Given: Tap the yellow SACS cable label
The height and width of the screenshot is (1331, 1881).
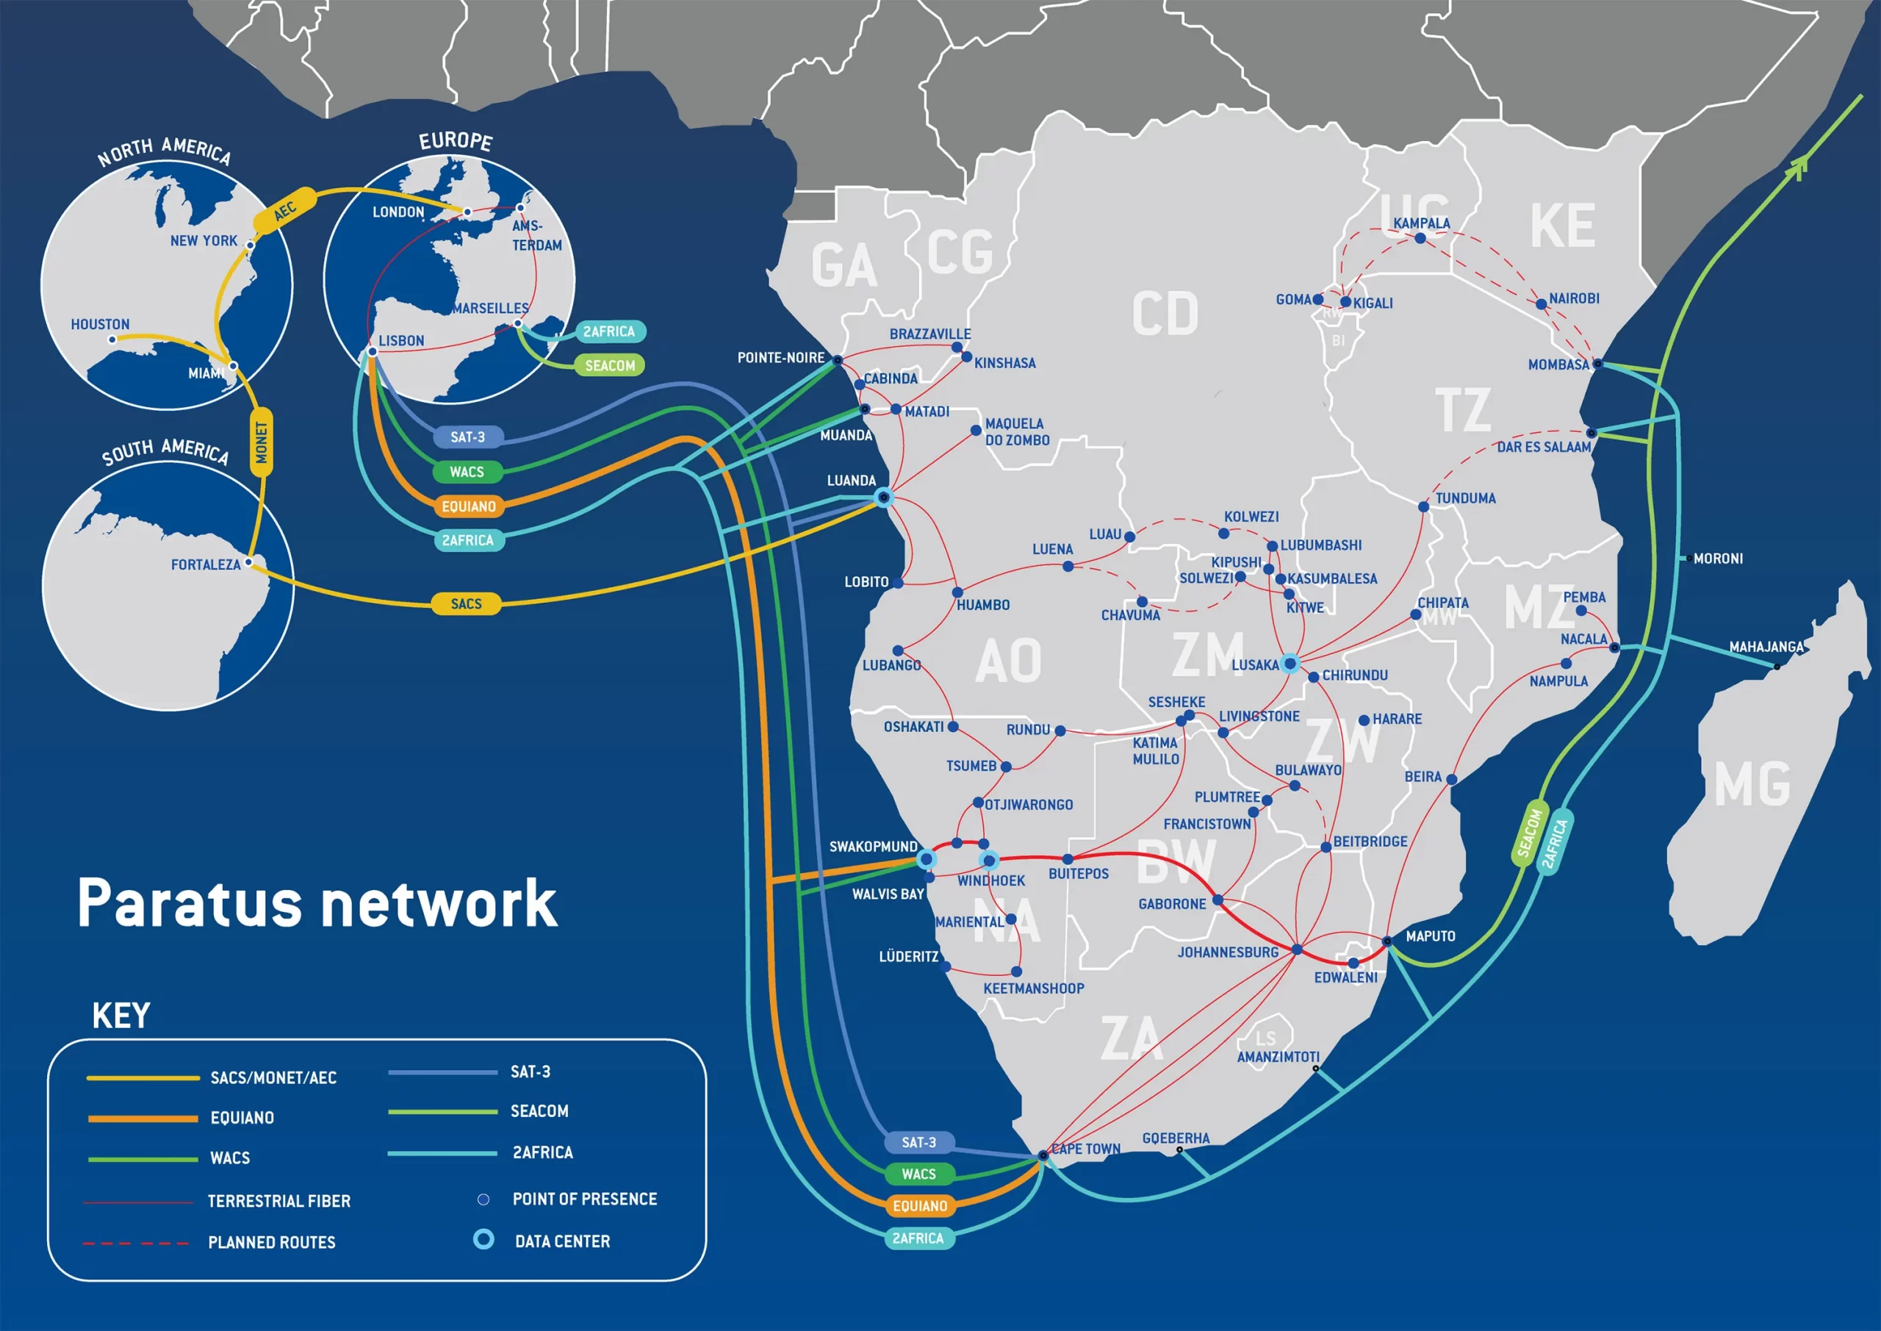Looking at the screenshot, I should coord(466,604).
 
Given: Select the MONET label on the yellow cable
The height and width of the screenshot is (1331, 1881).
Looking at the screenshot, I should coord(262,442).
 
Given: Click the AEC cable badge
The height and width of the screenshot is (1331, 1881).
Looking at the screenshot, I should coord(284,211).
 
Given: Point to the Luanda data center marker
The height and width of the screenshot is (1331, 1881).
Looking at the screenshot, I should coord(883,497).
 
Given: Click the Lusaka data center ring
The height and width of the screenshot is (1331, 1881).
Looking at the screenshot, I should coord(1290,664).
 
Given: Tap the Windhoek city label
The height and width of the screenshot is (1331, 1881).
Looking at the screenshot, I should coord(991,881).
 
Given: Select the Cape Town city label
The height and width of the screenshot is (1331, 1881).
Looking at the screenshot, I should coord(1085,1149).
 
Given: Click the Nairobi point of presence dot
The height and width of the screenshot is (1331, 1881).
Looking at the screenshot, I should coord(1541,304).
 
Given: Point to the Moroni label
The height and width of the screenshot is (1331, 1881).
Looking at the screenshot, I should coord(1718,559).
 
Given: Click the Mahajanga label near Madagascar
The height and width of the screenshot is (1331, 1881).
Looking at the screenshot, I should coord(1766,647).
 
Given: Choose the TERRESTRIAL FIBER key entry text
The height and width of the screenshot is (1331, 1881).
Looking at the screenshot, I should coord(278,1202).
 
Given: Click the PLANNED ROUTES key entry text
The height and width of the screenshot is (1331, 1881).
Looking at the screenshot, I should coord(271,1243).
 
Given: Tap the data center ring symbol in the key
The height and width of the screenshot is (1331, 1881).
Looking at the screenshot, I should coord(484,1239).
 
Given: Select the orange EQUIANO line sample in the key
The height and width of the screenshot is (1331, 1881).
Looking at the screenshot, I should coord(143,1119).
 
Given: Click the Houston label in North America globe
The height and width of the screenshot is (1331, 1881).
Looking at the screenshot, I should coord(100,325).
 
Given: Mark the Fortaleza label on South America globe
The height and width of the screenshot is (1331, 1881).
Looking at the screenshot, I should coord(206,564).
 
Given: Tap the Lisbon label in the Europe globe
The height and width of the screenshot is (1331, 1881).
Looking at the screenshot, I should coord(401,341).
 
